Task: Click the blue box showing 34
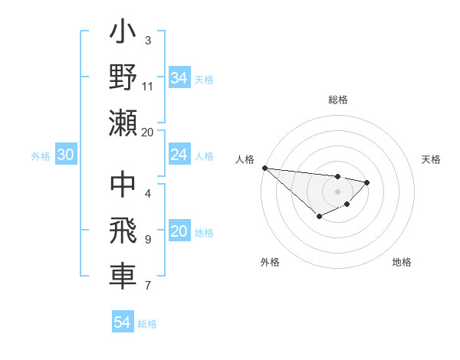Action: [x=179, y=77]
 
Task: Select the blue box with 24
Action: [x=179, y=155]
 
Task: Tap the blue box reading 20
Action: [x=179, y=232]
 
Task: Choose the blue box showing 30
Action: [x=65, y=155]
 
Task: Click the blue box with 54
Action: [x=122, y=322]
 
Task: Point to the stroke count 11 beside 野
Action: [x=148, y=86]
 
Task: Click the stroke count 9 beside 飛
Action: [x=148, y=240]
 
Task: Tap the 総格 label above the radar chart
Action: [x=338, y=100]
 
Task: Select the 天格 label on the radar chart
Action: [x=431, y=159]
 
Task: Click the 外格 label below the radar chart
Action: [x=270, y=262]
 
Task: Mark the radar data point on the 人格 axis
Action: [x=264, y=168]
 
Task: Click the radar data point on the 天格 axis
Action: [x=367, y=182]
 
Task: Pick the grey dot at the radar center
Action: [x=337, y=191]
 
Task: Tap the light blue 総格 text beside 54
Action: [x=147, y=324]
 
